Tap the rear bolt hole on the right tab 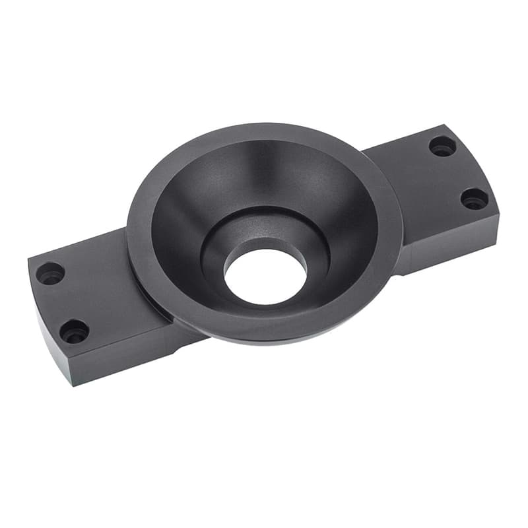[x=442, y=146]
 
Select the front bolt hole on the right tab [x=474, y=198]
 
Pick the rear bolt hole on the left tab [x=50, y=273]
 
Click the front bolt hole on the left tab [x=75, y=331]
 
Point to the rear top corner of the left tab [x=29, y=259]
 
